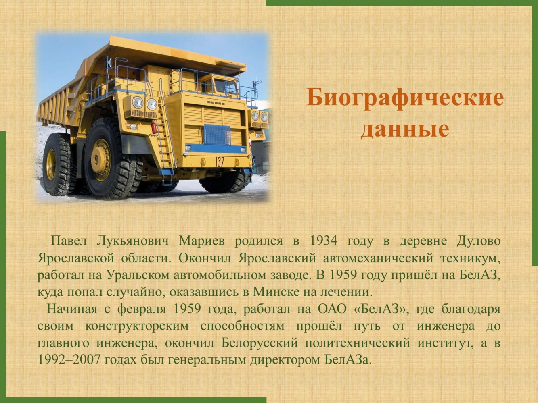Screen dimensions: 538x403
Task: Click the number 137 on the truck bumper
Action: pos(220,162)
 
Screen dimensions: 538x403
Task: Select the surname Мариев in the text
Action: pos(201,242)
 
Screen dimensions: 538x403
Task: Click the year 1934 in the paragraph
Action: pos(324,241)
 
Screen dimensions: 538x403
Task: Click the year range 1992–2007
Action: pos(69,360)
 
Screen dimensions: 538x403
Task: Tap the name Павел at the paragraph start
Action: pos(69,242)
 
